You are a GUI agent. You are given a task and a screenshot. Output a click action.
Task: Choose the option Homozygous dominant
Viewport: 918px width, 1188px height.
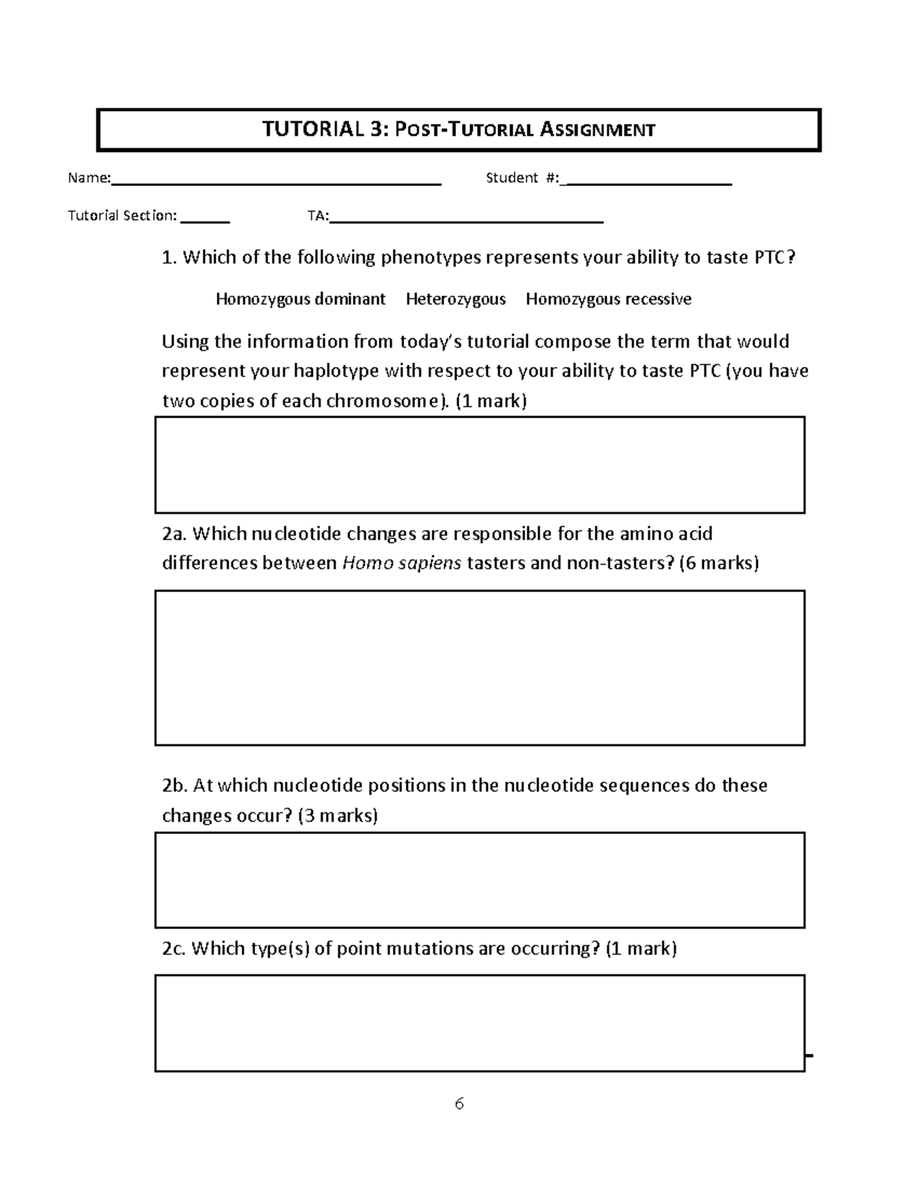coord(300,299)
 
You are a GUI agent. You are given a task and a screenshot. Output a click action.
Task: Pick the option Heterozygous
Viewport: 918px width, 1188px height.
coord(455,299)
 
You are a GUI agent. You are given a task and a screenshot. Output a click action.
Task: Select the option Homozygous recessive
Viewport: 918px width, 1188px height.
coord(608,299)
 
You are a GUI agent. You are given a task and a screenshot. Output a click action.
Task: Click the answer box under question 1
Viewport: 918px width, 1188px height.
coord(480,464)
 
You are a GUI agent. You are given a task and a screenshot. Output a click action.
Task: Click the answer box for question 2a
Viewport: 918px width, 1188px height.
coord(480,667)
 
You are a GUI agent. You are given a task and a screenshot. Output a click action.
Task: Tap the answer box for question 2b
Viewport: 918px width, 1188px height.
coord(480,880)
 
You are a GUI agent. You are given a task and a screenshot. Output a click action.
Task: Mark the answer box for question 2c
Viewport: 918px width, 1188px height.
coord(480,1023)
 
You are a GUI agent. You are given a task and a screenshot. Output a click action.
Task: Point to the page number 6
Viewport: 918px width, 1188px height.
coord(459,1103)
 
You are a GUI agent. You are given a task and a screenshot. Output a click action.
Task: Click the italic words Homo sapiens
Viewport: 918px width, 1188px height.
coord(402,564)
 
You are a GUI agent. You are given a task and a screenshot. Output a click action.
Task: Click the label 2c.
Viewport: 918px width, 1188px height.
coord(174,949)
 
